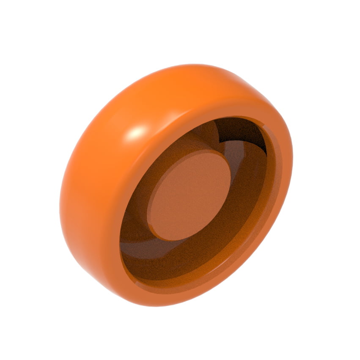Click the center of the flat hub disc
coord(190,196)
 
